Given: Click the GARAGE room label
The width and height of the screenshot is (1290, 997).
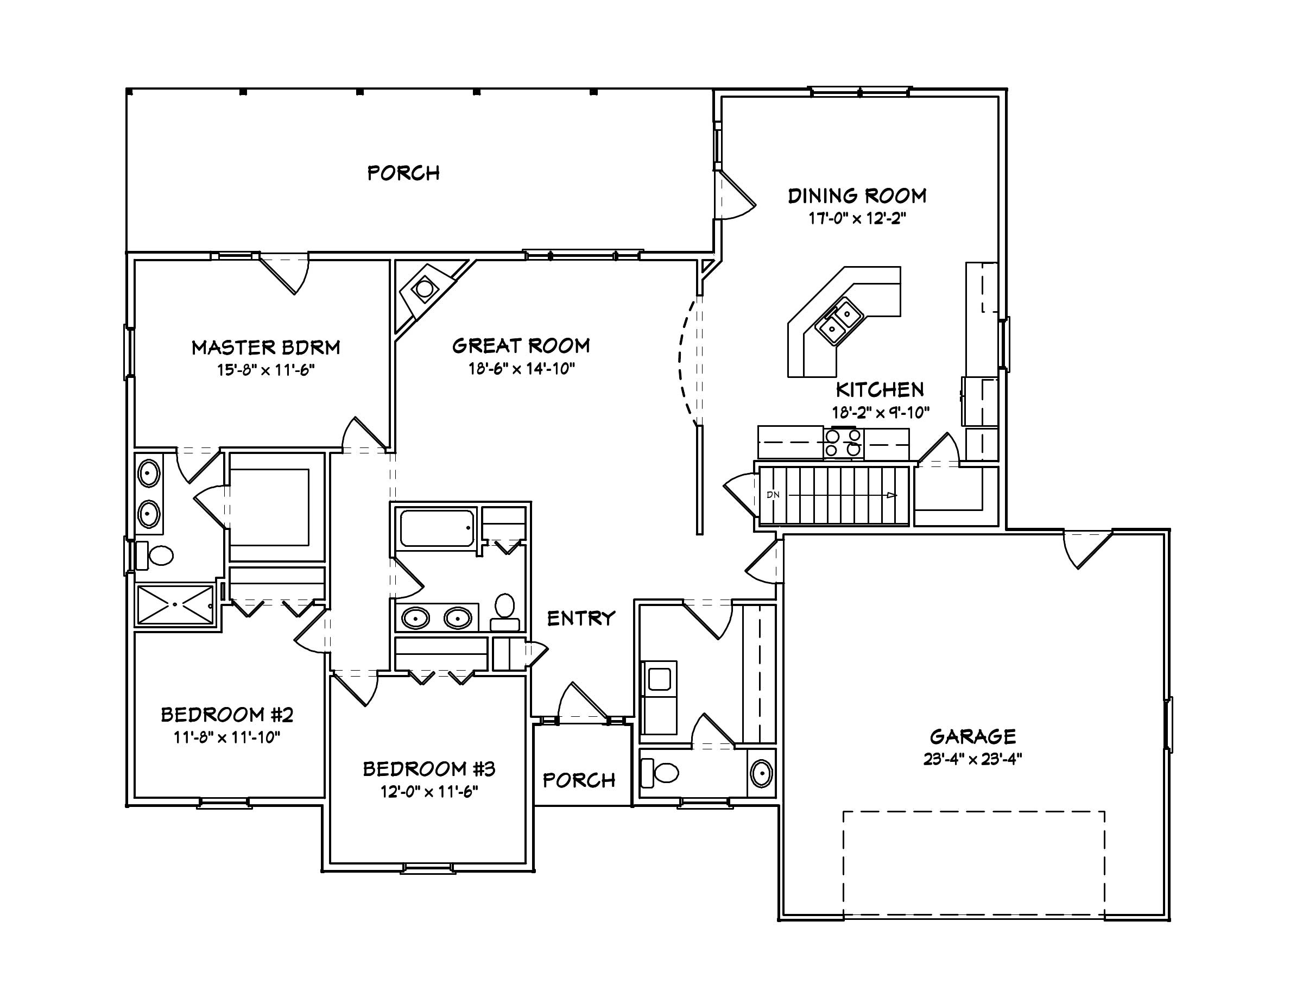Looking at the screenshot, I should [x=973, y=736].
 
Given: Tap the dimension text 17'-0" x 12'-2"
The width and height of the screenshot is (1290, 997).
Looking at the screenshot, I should [x=857, y=218].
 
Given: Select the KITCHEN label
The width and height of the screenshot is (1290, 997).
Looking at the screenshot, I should [x=880, y=390].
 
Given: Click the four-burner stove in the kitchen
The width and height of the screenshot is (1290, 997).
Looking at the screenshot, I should [x=844, y=443].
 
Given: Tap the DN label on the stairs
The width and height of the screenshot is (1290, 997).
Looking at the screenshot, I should [x=773, y=495].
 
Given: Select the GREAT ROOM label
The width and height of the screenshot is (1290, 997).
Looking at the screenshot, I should [x=521, y=346].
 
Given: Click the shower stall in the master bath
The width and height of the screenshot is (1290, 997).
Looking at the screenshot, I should [x=175, y=604].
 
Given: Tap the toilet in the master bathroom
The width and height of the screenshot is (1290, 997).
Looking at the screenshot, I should [x=156, y=555].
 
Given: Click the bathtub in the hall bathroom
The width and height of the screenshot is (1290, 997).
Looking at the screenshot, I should [x=437, y=528].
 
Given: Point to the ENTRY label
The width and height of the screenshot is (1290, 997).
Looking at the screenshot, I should [x=580, y=619].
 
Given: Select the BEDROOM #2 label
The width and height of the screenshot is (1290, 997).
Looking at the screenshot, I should [x=227, y=715].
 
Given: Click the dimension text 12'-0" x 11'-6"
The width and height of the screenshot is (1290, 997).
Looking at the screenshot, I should [x=429, y=791].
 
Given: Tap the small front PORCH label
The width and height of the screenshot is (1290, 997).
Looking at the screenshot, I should [x=579, y=780].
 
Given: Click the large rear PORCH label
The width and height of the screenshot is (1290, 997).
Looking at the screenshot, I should [x=403, y=173].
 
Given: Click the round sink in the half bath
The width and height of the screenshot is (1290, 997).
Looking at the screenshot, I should [x=761, y=773].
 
